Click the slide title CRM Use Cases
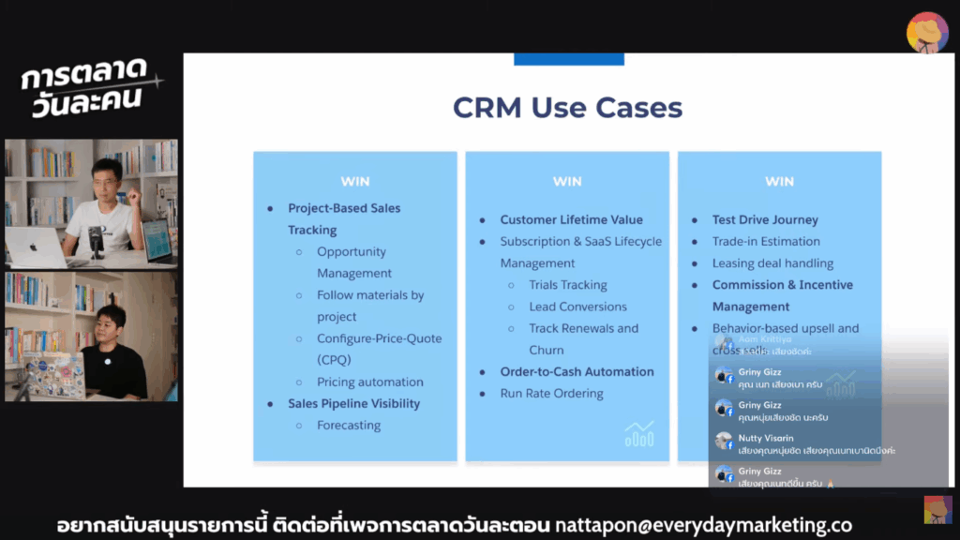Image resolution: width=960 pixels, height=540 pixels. (x=567, y=107)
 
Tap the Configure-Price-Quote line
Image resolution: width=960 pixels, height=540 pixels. (x=379, y=338)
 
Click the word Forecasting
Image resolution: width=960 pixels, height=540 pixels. (x=349, y=426)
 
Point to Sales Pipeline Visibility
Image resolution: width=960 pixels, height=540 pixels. (x=353, y=404)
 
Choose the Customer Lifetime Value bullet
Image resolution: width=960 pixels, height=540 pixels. (x=571, y=220)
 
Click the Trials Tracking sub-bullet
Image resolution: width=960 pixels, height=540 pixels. (x=567, y=285)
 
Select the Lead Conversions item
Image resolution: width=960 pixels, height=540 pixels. (x=577, y=307)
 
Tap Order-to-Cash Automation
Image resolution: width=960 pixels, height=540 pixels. (x=577, y=372)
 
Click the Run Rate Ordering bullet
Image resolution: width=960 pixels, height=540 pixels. (x=551, y=394)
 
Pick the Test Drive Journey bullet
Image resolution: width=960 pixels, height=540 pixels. (x=765, y=220)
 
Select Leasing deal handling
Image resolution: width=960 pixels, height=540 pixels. (x=772, y=263)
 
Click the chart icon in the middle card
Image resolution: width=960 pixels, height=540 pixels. (x=639, y=433)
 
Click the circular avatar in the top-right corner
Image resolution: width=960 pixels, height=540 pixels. (x=926, y=32)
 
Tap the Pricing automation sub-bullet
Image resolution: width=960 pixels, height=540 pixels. (x=369, y=382)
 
